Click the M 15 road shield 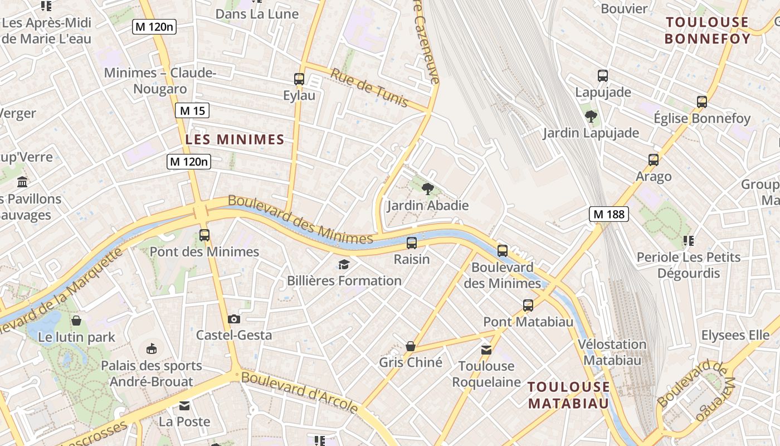[x=192, y=110]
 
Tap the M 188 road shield [x=609, y=214]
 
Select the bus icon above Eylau [x=299, y=79]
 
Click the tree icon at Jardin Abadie [x=428, y=189]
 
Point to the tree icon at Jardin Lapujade [x=591, y=117]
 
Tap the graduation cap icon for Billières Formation [x=344, y=264]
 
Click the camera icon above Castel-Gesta [x=234, y=319]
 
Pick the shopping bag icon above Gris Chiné [x=411, y=346]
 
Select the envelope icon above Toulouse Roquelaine [x=486, y=350]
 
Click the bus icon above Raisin [x=412, y=243]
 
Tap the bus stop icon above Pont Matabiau [x=528, y=306]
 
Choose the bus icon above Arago [x=654, y=160]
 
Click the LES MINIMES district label [x=235, y=139]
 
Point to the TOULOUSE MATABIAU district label [x=568, y=395]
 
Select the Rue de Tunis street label [x=369, y=88]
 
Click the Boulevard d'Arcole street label [x=300, y=392]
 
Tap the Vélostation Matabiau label [x=612, y=352]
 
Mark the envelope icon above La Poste [x=184, y=405]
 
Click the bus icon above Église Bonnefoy [x=702, y=102]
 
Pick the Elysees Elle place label [x=735, y=335]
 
